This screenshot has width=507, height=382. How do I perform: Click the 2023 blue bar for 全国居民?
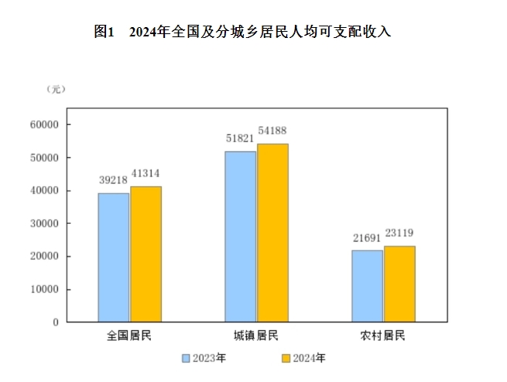click(114, 257)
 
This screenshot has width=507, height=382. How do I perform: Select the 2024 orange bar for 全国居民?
click(146, 254)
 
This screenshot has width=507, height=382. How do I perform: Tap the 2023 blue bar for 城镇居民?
click(241, 236)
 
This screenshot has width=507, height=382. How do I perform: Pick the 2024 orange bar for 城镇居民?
click(272, 232)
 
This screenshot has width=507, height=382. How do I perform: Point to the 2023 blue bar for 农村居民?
click(367, 286)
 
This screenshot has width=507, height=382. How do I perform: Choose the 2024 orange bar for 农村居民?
click(399, 284)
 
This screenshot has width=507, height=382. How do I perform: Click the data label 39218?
click(113, 179)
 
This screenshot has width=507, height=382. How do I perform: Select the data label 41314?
click(146, 173)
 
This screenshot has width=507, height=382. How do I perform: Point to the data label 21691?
click(367, 237)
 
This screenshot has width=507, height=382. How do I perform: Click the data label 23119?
click(399, 232)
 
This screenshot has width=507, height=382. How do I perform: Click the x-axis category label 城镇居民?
click(256, 336)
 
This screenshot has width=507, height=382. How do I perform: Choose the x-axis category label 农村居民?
click(383, 336)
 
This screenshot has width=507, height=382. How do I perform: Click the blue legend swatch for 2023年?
click(186, 358)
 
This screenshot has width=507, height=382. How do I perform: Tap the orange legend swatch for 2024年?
click(285, 358)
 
